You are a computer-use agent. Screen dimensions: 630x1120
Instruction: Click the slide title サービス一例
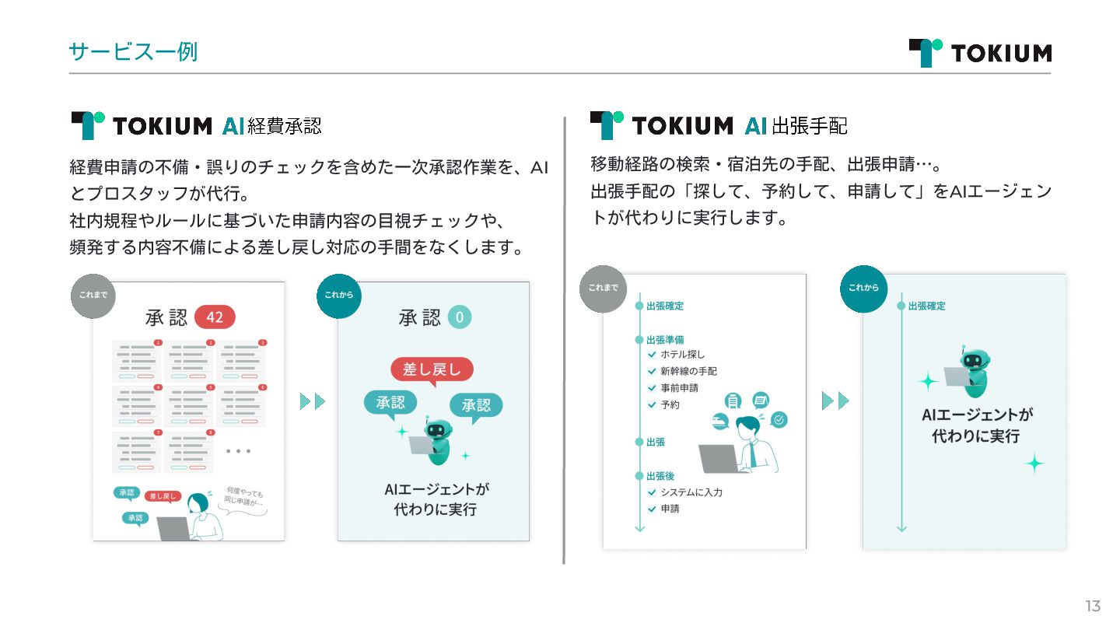[133, 51]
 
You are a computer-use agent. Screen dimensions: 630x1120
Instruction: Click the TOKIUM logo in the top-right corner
[979, 52]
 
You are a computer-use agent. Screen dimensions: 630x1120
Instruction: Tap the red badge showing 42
[214, 317]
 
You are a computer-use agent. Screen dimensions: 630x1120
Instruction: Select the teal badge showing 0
[459, 317]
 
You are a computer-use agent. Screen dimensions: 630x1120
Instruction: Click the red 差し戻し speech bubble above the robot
[432, 369]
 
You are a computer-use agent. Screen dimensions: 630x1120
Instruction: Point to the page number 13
[1093, 606]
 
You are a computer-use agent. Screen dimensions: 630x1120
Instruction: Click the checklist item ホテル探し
[682, 355]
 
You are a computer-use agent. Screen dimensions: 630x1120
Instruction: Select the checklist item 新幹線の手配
[688, 371]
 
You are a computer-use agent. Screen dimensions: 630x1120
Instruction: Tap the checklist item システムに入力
[691, 492]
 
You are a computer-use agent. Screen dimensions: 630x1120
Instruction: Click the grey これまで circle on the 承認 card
[93, 296]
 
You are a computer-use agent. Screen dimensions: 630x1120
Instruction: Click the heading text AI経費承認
[271, 126]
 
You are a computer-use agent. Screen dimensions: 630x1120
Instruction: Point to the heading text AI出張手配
[795, 126]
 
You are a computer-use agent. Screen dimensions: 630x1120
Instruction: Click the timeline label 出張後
[660, 476]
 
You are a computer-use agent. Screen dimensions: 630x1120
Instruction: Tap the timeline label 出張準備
[665, 340]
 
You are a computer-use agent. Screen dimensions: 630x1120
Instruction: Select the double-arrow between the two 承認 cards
[312, 401]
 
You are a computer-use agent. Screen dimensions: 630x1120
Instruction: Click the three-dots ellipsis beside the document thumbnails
[238, 451]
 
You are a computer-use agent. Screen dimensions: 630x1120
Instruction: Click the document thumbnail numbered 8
[188, 452]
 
